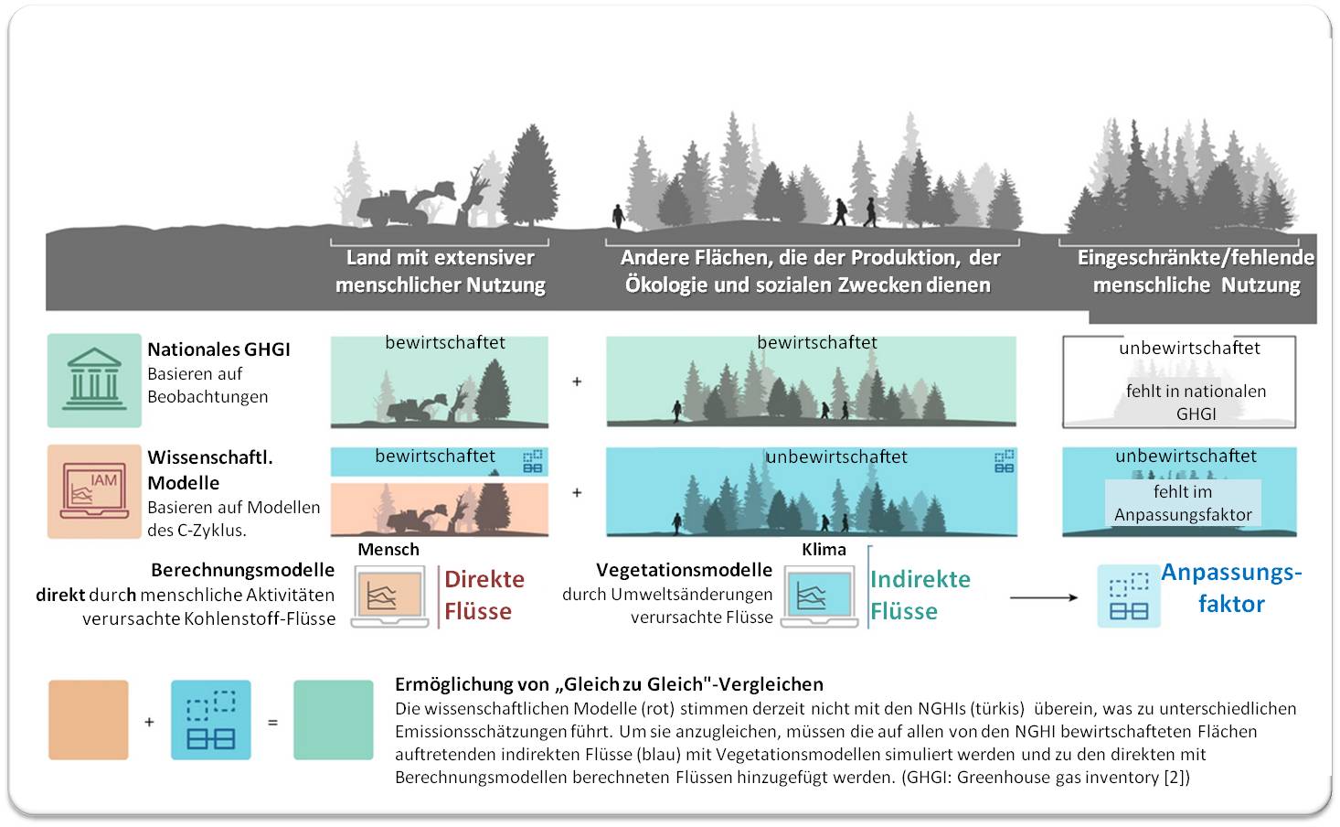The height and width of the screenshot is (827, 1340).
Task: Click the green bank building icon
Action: tap(94, 380)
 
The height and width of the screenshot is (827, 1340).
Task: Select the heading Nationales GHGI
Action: tap(219, 349)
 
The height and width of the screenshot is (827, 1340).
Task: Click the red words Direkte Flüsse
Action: tap(484, 596)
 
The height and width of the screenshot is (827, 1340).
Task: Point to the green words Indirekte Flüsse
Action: tap(920, 596)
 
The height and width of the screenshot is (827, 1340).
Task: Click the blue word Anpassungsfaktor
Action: tap(1231, 588)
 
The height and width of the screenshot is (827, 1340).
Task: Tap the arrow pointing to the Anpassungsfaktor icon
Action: tap(1044, 597)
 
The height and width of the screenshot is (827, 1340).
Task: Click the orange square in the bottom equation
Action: tap(89, 720)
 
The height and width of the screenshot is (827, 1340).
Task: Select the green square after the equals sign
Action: tap(334, 720)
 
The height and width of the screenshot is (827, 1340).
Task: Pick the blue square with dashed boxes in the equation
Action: tap(211, 720)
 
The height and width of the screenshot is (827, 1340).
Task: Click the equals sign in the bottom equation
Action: tap(272, 723)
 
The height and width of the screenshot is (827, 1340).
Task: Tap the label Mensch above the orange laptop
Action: tap(388, 549)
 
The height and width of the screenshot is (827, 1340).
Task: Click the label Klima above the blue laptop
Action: tap(824, 549)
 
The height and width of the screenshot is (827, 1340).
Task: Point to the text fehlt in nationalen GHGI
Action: tap(1196, 403)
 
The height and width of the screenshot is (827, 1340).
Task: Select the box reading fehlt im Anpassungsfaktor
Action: tap(1183, 502)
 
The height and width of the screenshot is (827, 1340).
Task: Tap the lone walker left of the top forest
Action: tap(618, 216)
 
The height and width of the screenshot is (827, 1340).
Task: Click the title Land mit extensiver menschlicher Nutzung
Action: tap(441, 272)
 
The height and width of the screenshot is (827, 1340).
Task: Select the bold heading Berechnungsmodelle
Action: tap(242, 570)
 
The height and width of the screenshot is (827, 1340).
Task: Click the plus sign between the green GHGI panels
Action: tap(577, 381)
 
